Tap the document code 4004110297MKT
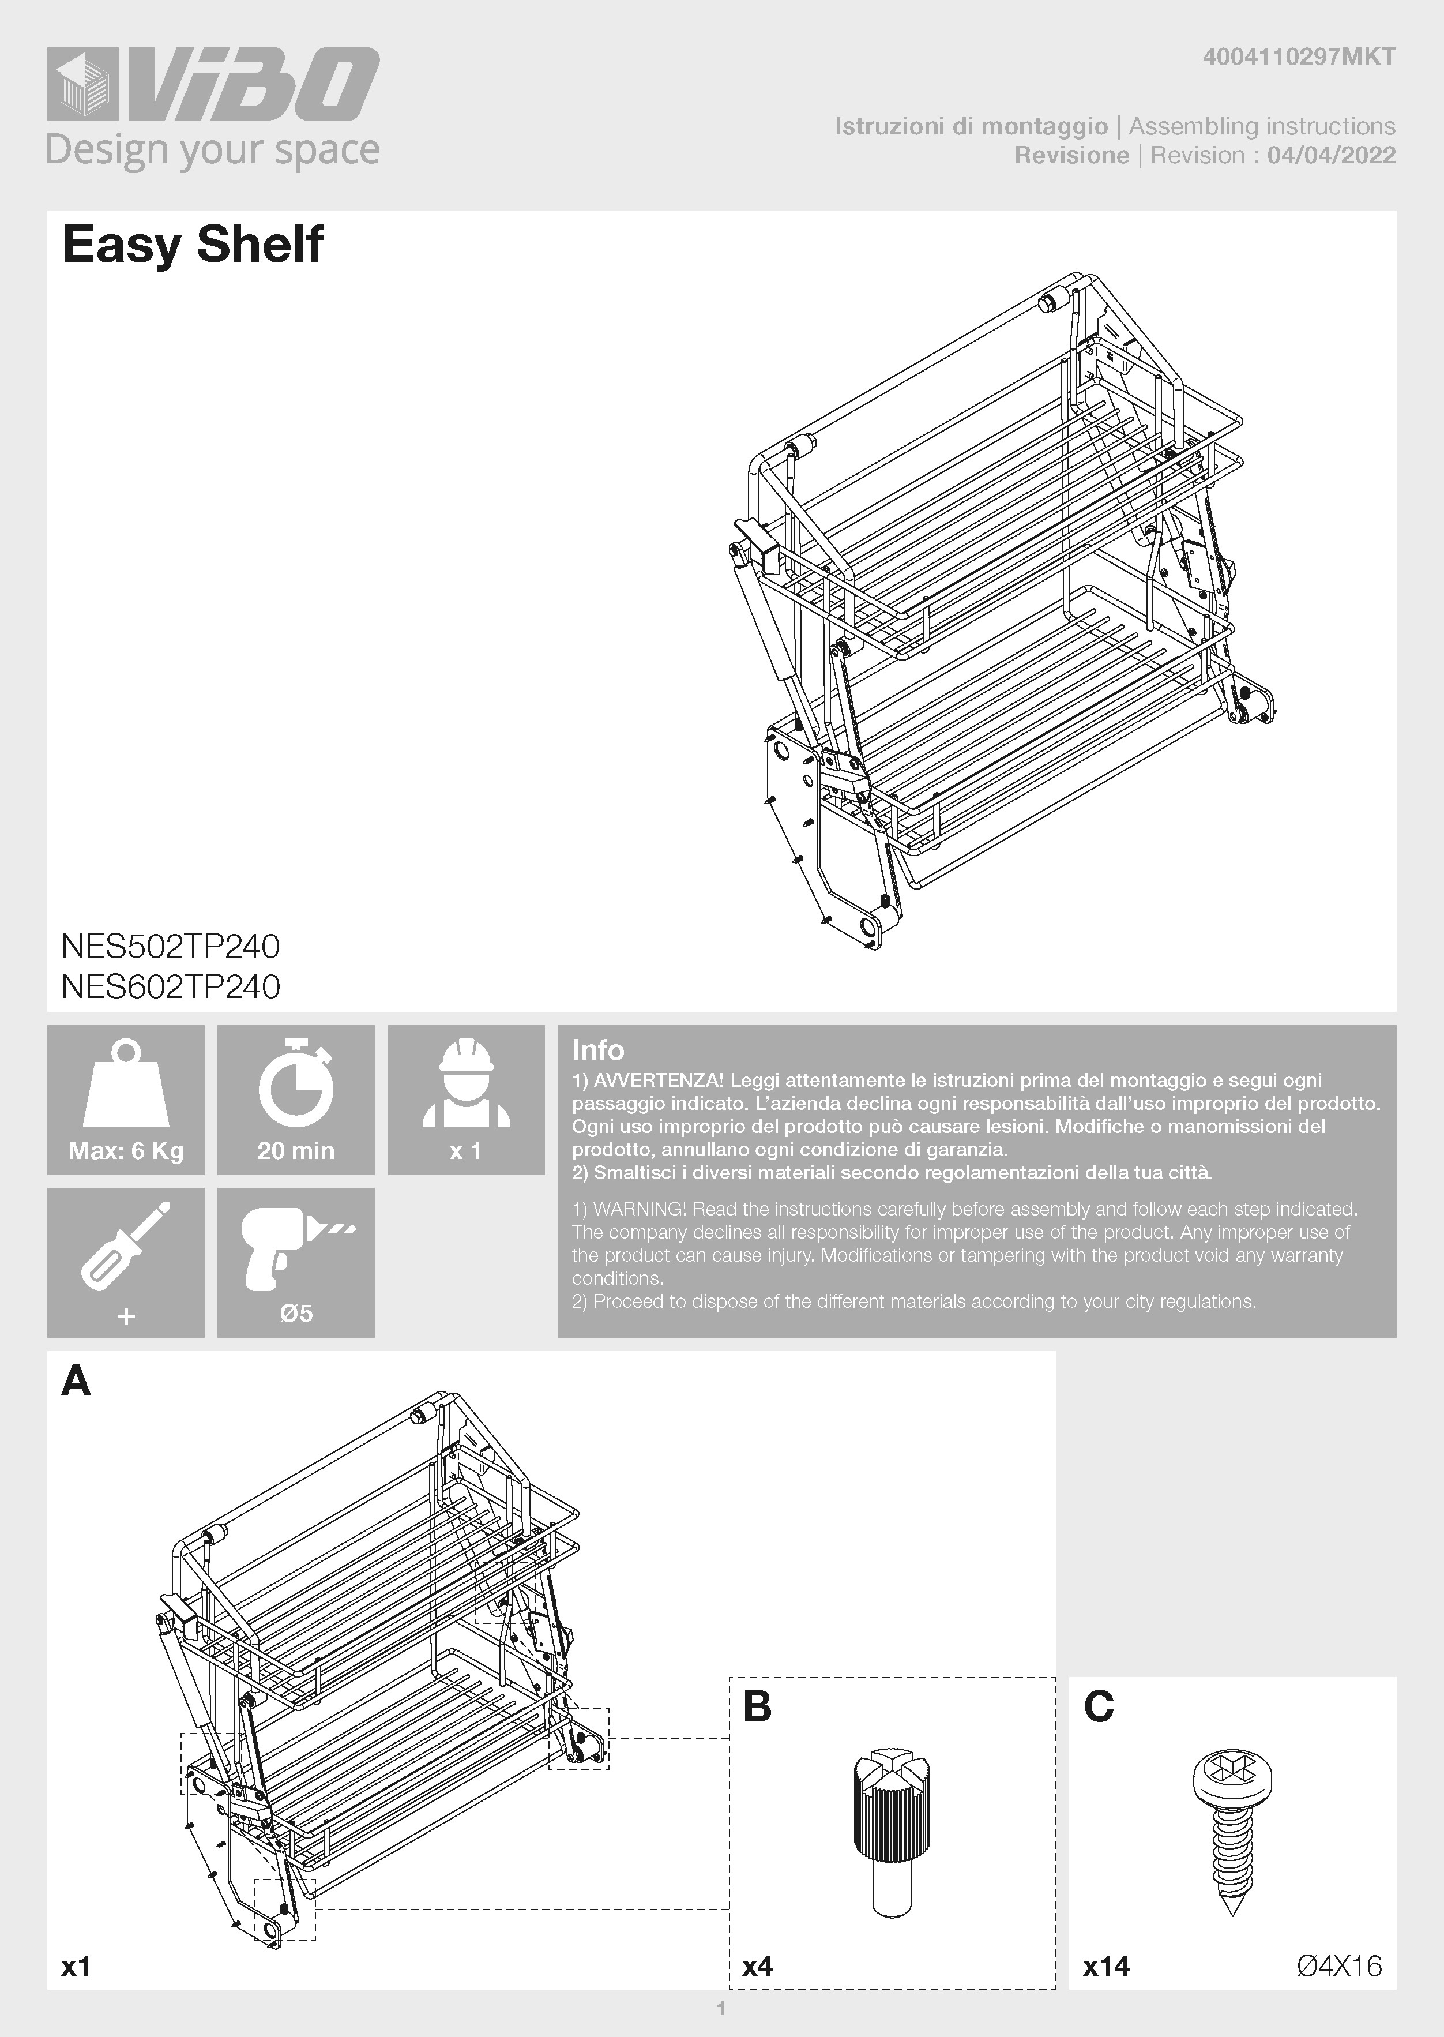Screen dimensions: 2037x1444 click(x=1298, y=58)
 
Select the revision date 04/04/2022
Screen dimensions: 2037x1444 click(x=1331, y=156)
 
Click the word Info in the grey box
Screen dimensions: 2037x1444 click(x=597, y=1051)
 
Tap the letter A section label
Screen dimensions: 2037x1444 click(x=77, y=1382)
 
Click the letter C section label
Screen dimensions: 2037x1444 click(x=1099, y=1706)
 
